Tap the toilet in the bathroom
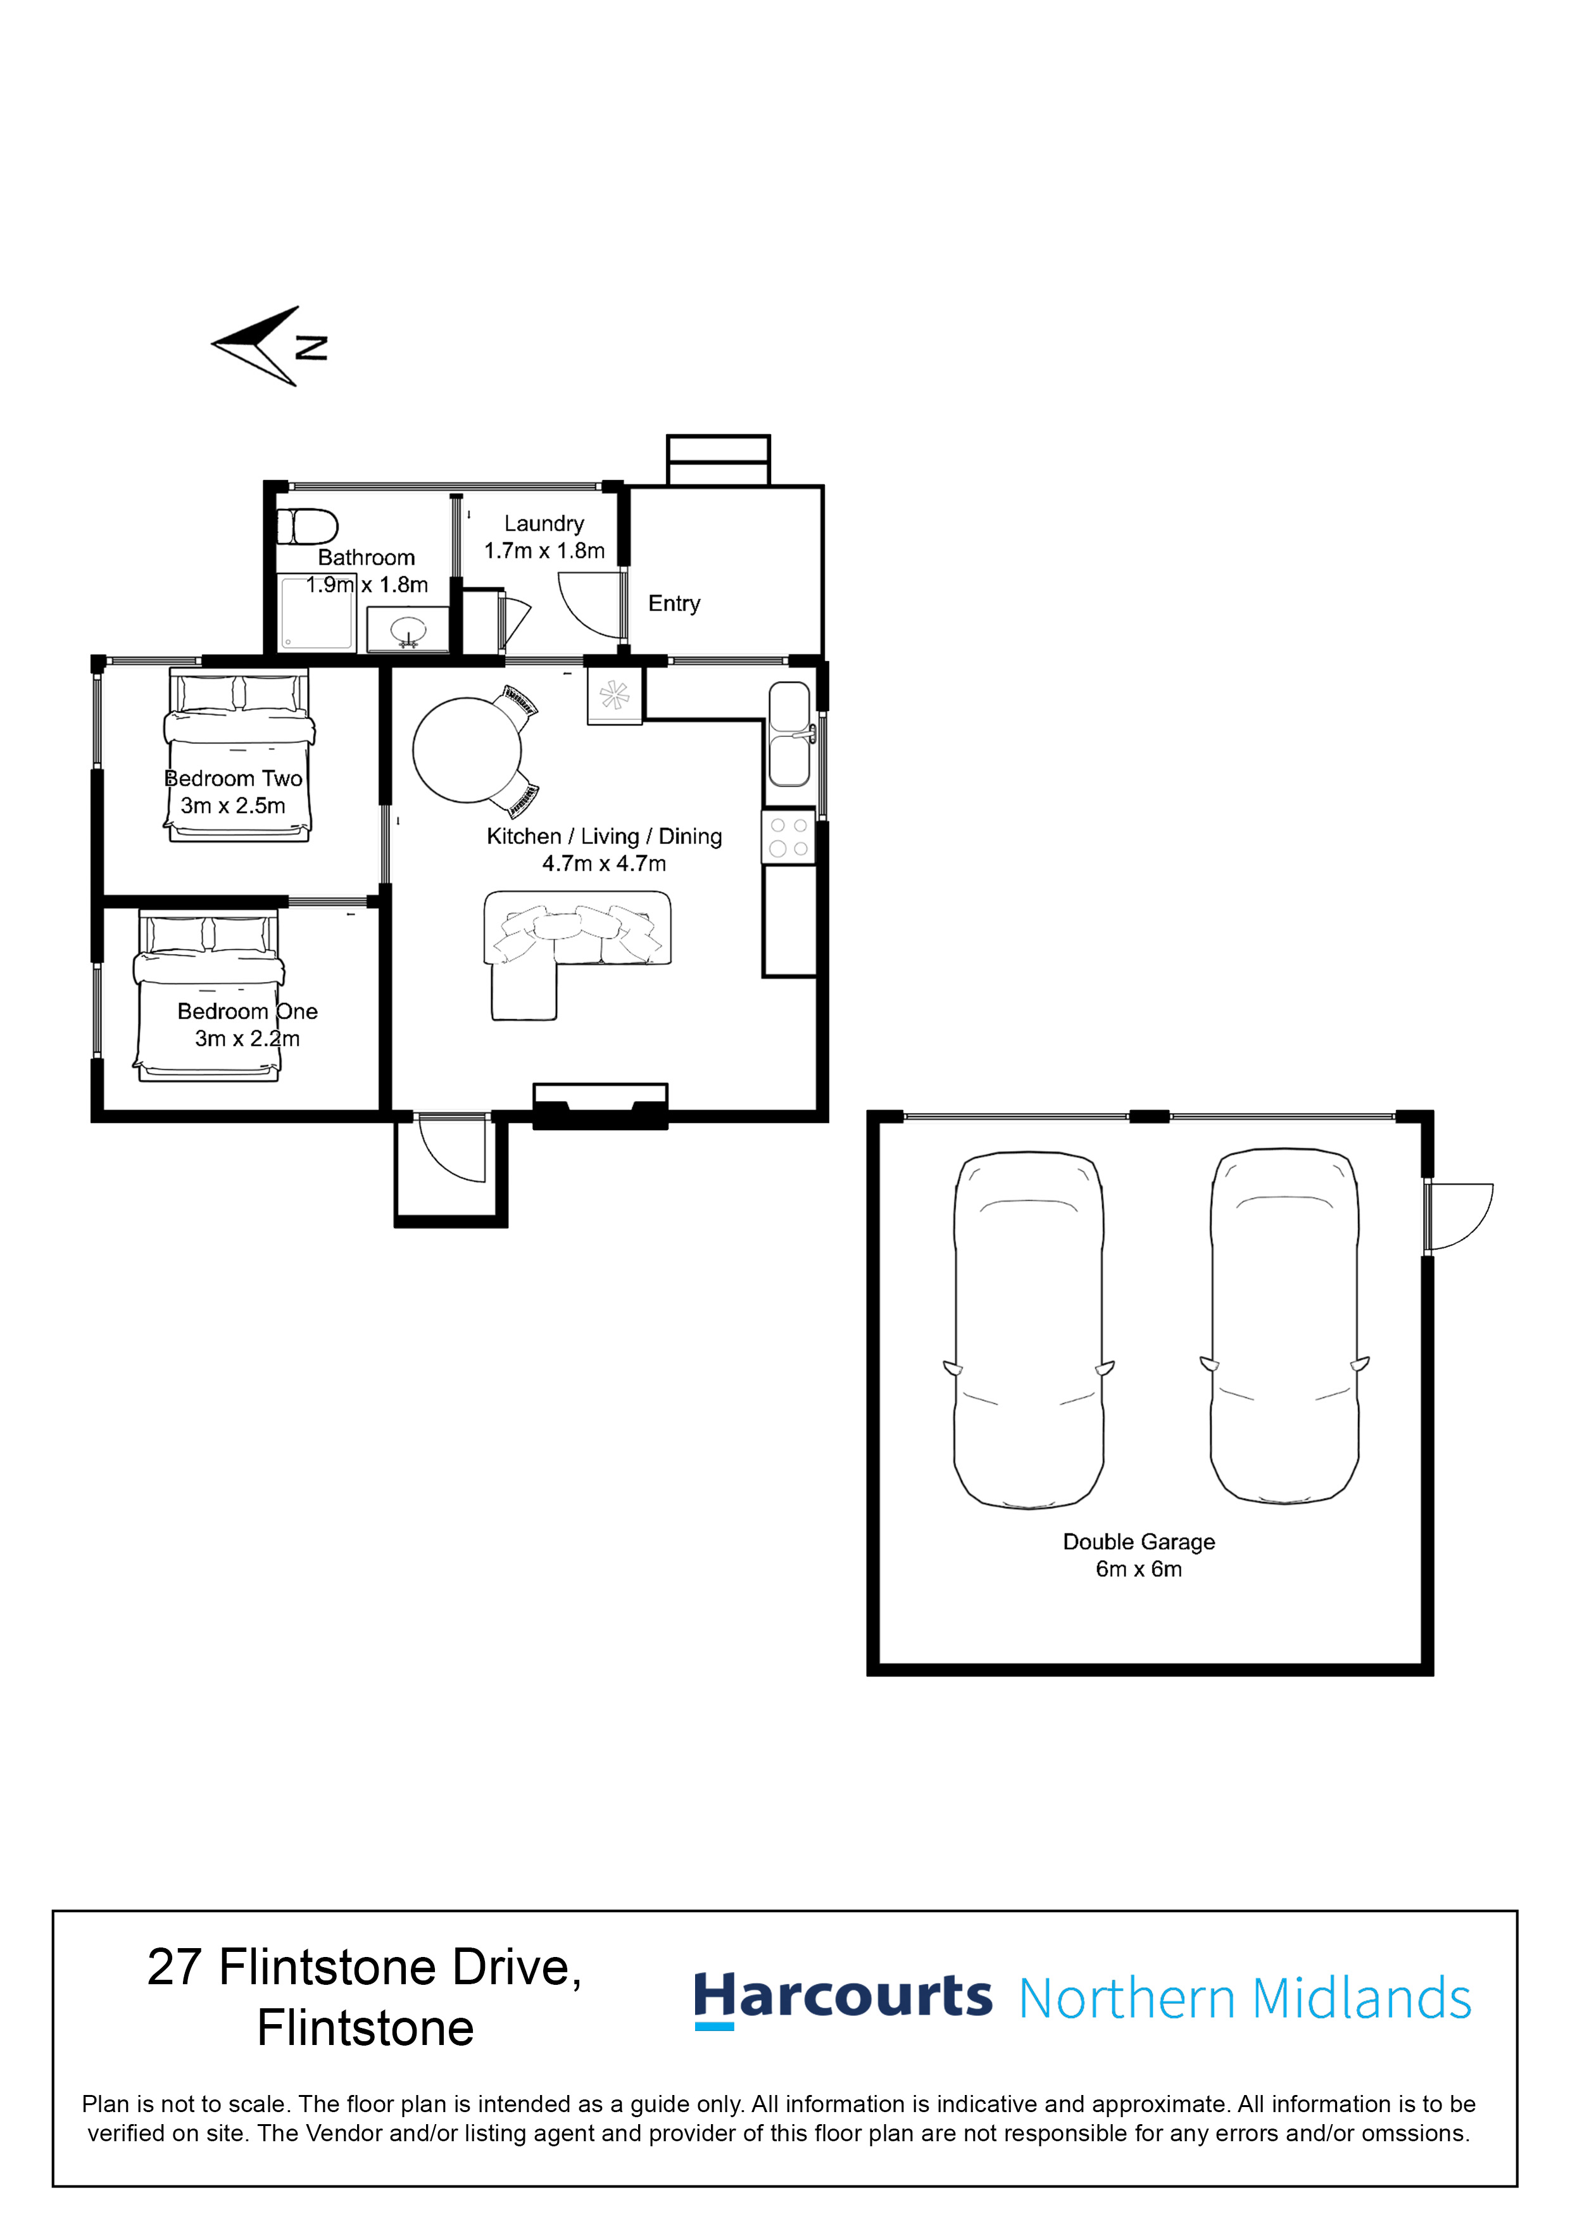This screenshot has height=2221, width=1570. [306, 527]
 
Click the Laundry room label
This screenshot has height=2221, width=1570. [544, 524]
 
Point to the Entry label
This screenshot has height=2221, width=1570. [674, 603]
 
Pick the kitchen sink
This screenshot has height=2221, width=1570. [789, 734]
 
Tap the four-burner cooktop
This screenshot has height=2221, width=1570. [788, 837]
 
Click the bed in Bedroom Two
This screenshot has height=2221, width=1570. [239, 755]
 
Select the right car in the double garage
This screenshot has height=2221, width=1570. [1284, 1326]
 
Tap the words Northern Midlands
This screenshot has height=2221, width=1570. [1245, 1999]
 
